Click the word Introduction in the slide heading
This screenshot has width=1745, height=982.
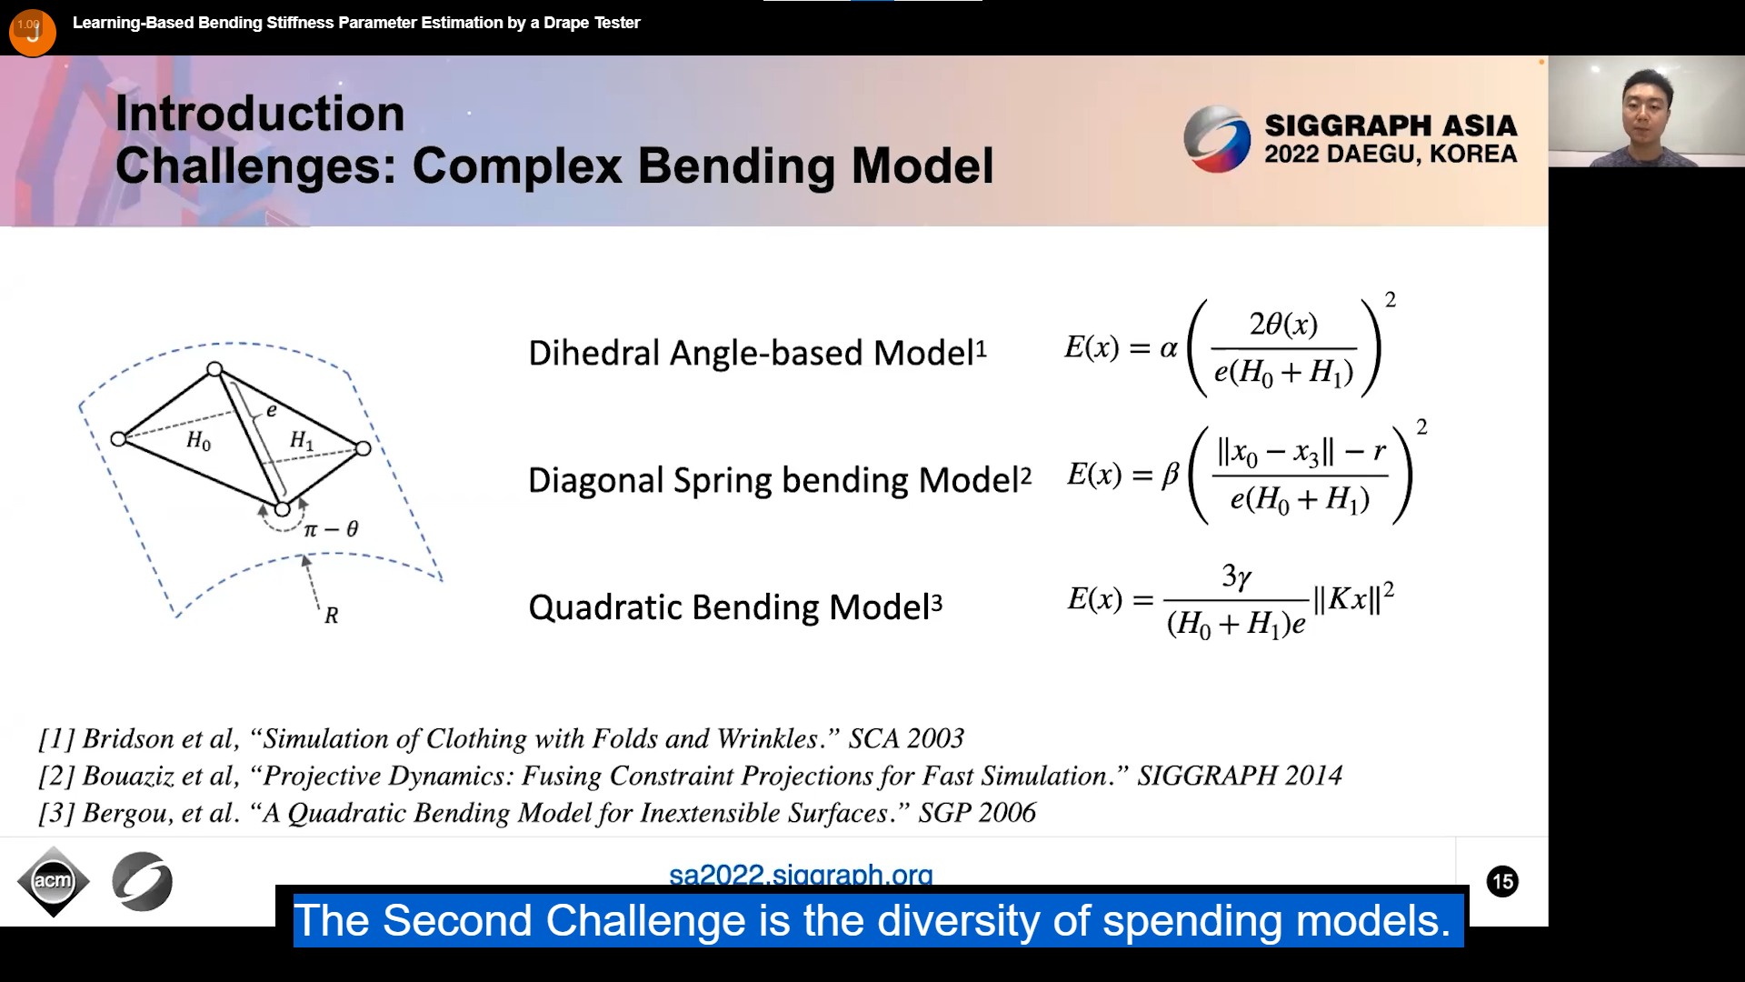pos(260,114)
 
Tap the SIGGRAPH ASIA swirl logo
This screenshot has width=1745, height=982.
pos(1217,139)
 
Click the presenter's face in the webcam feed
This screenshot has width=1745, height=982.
pos(1647,107)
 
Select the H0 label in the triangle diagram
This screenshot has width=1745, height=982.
pos(198,441)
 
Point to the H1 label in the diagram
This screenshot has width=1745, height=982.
pos(302,441)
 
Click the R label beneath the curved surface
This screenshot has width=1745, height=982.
pos(331,616)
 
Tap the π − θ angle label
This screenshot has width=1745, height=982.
pos(331,529)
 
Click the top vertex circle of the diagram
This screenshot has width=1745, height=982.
pos(214,369)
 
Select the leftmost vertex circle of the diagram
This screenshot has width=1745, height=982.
pos(118,439)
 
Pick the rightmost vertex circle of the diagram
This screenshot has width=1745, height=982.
pos(363,448)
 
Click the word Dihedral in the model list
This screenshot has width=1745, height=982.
pos(594,353)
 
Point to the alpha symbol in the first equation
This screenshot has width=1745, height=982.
pos(1169,348)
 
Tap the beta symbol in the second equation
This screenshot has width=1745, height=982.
pos(1171,475)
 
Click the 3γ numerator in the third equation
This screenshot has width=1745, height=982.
pos(1237,576)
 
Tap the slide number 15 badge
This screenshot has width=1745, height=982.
pos(1502,881)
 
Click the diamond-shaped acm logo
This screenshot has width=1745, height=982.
pos(53,881)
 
